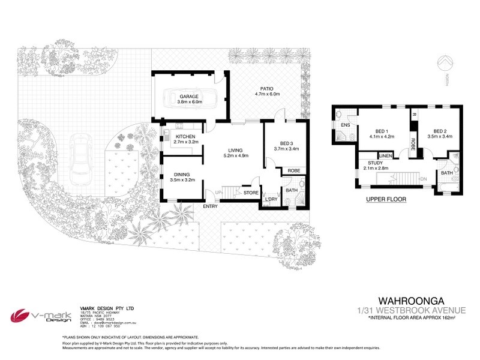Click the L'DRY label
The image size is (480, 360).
(x=271, y=199)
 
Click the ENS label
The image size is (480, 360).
(x=345, y=125)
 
